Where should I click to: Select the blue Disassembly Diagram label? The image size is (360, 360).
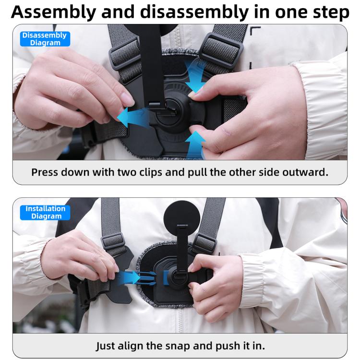45,39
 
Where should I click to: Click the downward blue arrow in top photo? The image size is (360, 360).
195,77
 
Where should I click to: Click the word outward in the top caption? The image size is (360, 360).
307,172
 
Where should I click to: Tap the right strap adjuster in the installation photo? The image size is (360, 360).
205,244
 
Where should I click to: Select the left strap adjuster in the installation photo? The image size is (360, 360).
113,242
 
